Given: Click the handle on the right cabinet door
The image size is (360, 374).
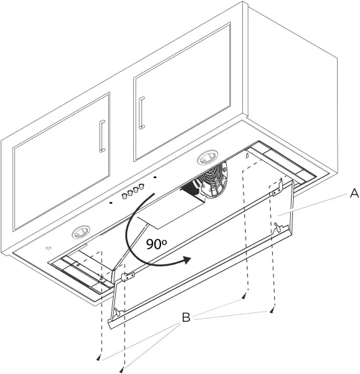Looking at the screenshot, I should click(x=142, y=112).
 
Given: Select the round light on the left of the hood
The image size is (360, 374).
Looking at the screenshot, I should click(x=82, y=232).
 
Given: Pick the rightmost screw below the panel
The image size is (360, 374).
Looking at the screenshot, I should click(x=271, y=310).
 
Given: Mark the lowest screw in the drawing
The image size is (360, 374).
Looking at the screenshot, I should click(x=122, y=369).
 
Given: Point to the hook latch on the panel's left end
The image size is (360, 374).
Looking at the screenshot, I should click(x=116, y=313).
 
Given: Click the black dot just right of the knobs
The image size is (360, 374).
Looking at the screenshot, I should click(x=155, y=179).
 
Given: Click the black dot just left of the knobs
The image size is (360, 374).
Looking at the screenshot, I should click(x=111, y=202).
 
